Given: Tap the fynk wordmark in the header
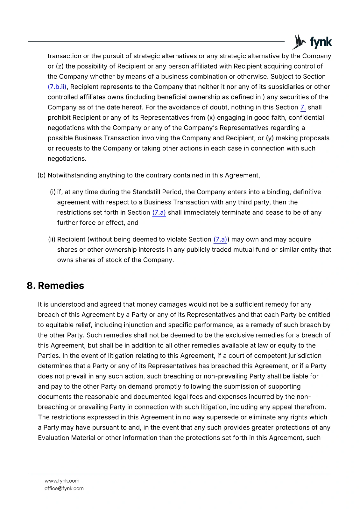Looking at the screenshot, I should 321,42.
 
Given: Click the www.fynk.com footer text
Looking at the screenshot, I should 62,481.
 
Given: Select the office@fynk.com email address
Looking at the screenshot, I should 64,488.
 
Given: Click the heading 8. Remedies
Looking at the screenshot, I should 55,286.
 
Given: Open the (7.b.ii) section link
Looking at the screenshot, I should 57,87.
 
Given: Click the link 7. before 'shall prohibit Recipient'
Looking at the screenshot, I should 303,108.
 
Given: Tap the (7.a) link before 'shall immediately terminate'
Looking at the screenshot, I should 159,213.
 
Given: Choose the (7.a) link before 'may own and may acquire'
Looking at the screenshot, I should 220,240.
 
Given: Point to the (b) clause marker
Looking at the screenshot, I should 41,175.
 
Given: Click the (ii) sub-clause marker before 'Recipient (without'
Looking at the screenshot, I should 52,240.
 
